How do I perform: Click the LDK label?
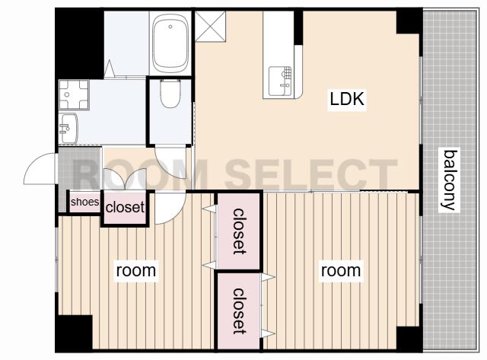(x=347, y=99)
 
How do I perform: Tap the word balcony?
(x=450, y=180)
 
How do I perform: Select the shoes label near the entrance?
(x=84, y=202)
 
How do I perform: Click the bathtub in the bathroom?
(x=170, y=43)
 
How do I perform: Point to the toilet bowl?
(x=170, y=93)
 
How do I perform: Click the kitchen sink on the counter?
(x=280, y=81)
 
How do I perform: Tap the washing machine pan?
(x=74, y=94)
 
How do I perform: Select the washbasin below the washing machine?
(x=68, y=129)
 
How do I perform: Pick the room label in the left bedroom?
(x=136, y=270)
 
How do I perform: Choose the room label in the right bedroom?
(x=341, y=270)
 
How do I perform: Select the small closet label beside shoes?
(x=125, y=207)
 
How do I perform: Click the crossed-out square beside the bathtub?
(x=210, y=27)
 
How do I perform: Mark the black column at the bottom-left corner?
(x=74, y=333)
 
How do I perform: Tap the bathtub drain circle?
(x=170, y=27)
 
